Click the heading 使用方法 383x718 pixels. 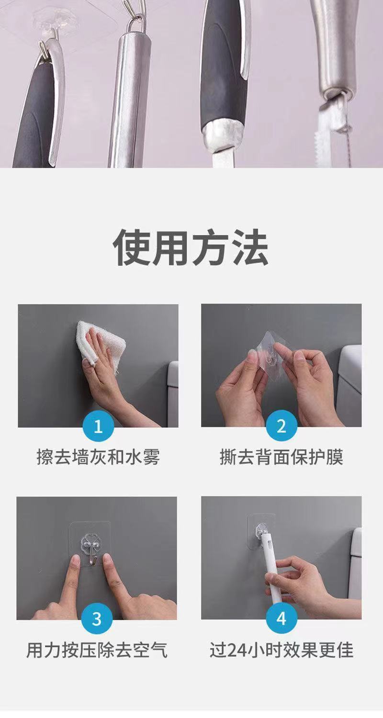[191, 247]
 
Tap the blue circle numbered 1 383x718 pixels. [99, 426]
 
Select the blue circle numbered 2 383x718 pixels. [282, 426]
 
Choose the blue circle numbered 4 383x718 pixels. [282, 618]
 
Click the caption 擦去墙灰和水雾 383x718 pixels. [99, 457]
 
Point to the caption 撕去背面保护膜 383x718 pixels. [282, 457]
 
